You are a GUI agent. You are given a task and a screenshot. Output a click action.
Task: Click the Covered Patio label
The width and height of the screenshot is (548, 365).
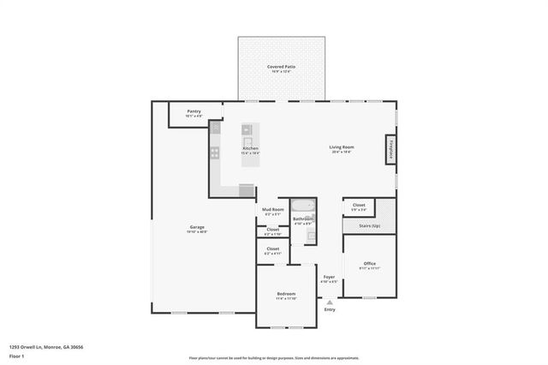pos(282,67)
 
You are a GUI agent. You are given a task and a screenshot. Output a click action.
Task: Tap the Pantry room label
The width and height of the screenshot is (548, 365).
pos(194,111)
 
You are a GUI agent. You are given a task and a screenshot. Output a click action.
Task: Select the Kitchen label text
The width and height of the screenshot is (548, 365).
pos(250,148)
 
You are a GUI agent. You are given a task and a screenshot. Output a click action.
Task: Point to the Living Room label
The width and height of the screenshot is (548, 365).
pos(342,147)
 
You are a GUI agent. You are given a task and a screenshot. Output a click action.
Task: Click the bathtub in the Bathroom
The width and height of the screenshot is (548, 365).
pos(302,205)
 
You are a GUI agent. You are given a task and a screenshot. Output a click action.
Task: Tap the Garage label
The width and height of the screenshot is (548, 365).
pos(197,227)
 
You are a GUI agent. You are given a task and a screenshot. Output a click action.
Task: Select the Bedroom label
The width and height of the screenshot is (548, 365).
pos(285,295)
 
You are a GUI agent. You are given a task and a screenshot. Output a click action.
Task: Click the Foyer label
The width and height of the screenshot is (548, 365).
pos(330,277)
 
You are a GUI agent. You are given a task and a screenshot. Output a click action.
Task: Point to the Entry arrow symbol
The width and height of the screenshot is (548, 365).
pos(330,302)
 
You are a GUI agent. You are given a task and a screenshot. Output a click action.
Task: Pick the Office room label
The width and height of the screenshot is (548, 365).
pos(369,263)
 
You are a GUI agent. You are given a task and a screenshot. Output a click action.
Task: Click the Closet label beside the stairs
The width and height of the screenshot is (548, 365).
pos(359,205)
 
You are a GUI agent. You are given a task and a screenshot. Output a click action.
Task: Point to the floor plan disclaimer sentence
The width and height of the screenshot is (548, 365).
pos(273,358)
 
